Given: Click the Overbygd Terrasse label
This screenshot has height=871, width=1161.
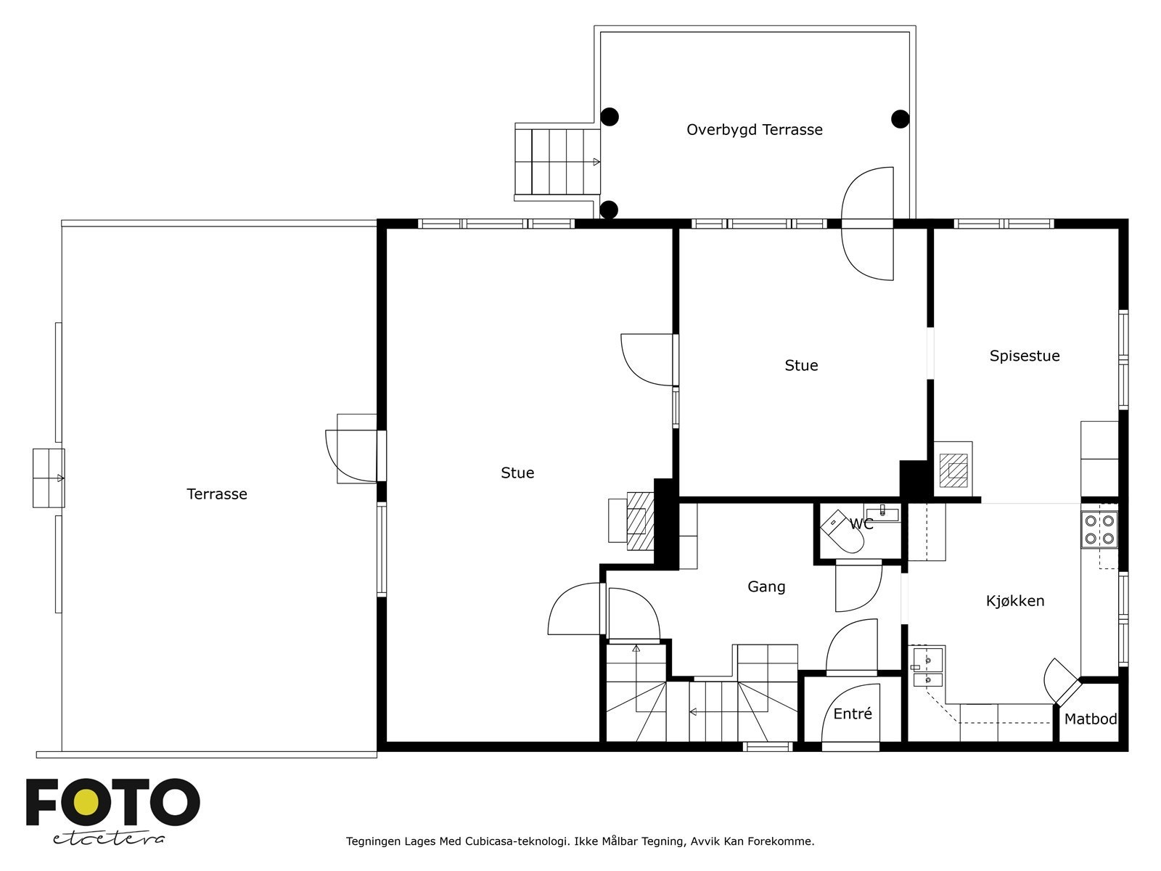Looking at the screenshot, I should [754, 130].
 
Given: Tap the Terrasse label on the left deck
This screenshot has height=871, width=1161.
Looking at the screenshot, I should [217, 494].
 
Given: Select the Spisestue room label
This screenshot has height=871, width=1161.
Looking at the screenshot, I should [1024, 356].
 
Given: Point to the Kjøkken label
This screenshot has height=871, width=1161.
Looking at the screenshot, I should [1014, 601].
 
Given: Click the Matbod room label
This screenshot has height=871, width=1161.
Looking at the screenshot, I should [1090, 719].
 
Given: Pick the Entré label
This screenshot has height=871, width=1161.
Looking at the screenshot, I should [852, 714].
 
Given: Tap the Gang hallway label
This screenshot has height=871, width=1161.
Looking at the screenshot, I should [766, 586].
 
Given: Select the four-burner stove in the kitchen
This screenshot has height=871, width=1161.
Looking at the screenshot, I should [1099, 529].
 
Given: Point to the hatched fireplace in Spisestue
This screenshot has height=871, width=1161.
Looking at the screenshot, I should [953, 470].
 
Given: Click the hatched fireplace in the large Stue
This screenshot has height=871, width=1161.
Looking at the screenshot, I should [636, 520].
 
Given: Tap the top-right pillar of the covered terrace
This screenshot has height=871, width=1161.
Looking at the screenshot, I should [900, 118].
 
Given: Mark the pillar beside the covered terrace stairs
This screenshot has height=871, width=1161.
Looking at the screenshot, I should [609, 210].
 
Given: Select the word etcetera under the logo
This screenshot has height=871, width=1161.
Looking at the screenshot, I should [108, 838].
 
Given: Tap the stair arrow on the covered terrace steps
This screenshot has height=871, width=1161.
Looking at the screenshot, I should [595, 162].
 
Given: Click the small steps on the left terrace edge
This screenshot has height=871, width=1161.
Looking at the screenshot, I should [49, 478].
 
